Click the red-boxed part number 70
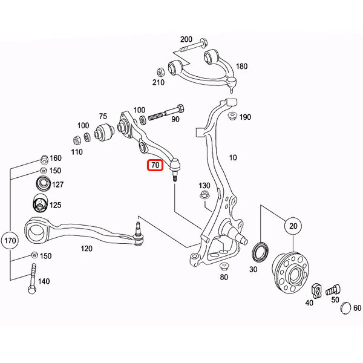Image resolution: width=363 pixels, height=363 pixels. (155, 165)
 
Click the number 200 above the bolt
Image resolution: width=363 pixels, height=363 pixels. (186, 39)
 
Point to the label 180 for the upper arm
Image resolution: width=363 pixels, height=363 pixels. (242, 67)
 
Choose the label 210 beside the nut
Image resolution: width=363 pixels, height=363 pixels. (159, 82)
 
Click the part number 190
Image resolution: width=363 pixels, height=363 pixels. (245, 117)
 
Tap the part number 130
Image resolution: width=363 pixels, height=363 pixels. (204, 185)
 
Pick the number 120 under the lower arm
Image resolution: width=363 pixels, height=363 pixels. (87, 248)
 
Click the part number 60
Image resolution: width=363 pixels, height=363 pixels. (356, 308)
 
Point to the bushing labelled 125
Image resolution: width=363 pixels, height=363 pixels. (40, 204)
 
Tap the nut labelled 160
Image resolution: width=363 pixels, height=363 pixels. (44, 160)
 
